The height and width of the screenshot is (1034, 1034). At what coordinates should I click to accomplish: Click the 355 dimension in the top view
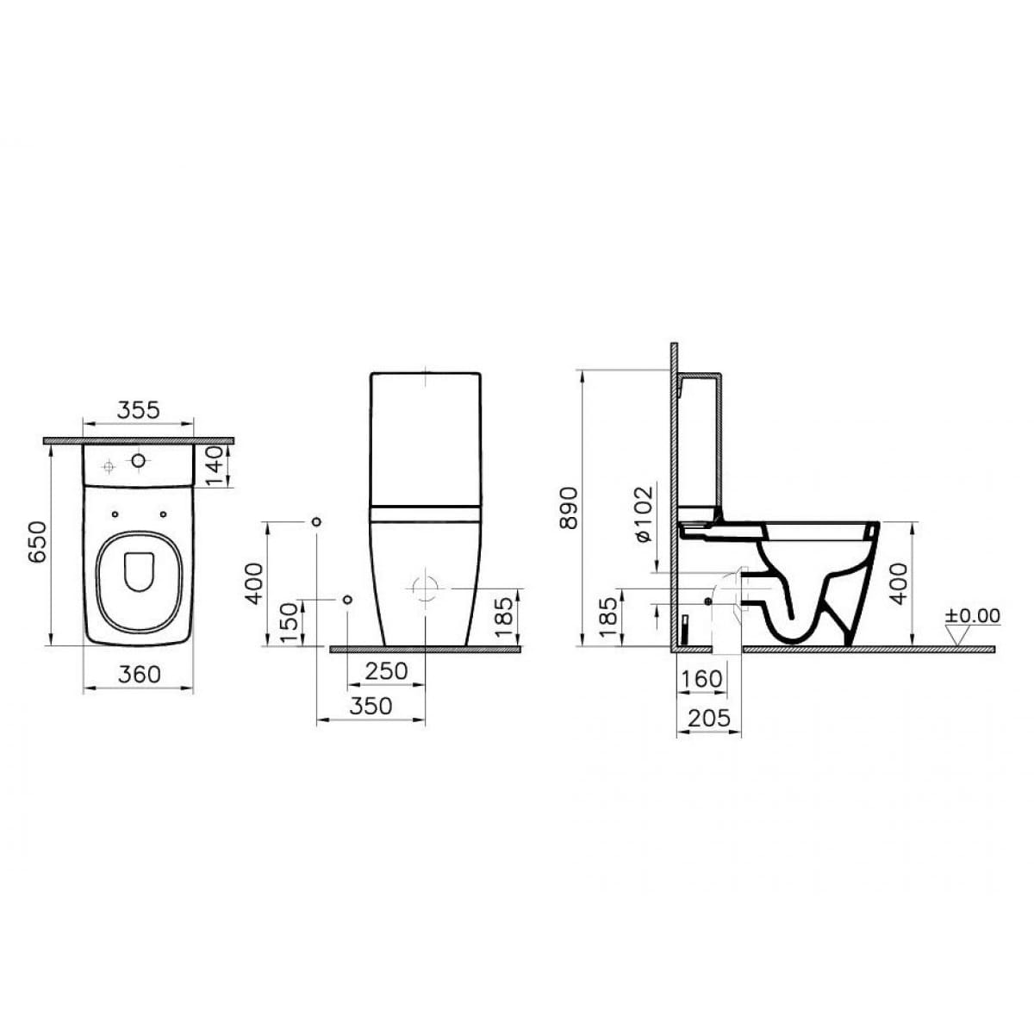(139, 411)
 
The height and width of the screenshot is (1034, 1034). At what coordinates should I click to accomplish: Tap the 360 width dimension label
(139, 674)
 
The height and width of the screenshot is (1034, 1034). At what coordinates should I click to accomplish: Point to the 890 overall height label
(568, 508)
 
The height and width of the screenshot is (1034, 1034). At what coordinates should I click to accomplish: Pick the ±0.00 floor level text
(972, 616)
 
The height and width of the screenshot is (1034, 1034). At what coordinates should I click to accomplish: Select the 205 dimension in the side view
(709, 717)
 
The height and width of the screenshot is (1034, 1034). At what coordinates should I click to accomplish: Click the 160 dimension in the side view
(701, 679)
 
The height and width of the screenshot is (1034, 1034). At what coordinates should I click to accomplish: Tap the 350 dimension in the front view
(371, 707)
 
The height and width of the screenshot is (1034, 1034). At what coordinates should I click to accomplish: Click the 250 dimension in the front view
(385, 670)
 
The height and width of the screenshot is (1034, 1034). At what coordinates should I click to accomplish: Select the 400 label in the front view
(255, 582)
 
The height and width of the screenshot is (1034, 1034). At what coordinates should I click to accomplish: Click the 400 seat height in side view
(899, 582)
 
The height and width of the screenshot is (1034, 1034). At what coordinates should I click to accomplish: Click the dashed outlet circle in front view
(426, 589)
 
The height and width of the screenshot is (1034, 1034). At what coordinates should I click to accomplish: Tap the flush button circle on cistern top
(138, 462)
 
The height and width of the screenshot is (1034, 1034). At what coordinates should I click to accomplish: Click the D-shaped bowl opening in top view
(138, 572)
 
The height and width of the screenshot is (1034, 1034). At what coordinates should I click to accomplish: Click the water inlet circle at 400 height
(316, 523)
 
